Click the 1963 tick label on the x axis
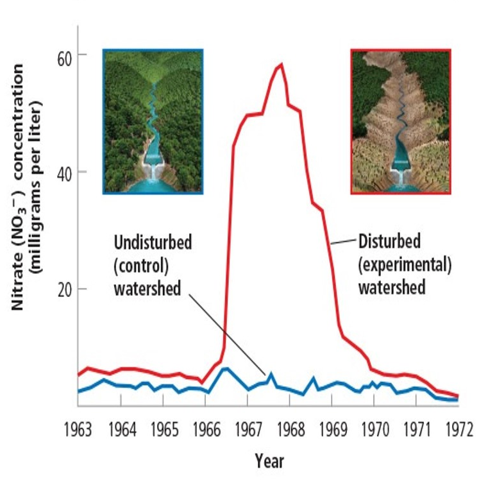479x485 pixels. click(78, 428)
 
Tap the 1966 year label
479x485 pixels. click(205, 428)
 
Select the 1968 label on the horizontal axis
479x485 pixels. click(289, 428)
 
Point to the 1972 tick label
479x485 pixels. click(458, 428)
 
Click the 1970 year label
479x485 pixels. click(373, 428)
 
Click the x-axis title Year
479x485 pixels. click(269, 461)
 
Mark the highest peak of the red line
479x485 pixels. click(281, 64)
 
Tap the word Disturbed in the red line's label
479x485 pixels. click(389, 242)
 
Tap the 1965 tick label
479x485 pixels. click(162, 428)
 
